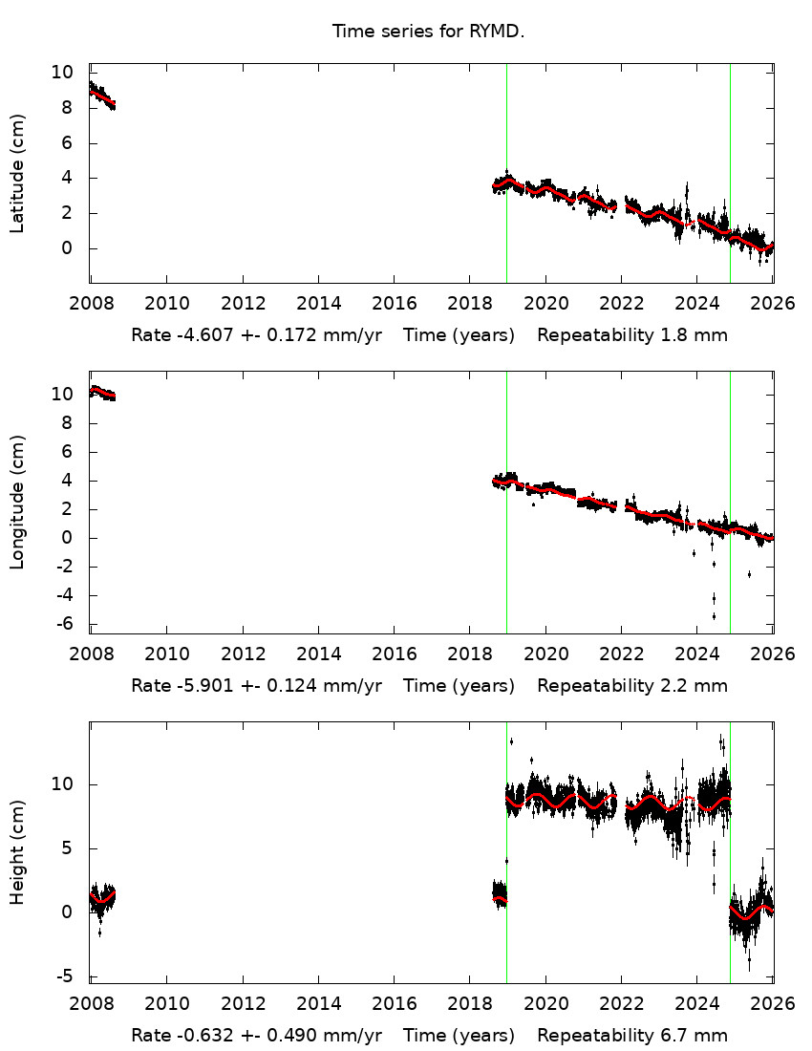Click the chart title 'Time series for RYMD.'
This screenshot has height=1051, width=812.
[428, 32]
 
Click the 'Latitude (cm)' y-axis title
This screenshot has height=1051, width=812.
[17, 173]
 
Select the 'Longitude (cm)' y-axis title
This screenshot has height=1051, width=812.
[17, 502]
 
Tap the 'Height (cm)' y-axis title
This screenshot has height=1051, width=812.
[17, 852]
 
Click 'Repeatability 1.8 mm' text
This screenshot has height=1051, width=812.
[631, 335]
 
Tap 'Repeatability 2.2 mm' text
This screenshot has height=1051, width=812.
[631, 685]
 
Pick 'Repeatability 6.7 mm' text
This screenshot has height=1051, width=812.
[631, 1035]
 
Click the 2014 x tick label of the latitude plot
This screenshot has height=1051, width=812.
[318, 304]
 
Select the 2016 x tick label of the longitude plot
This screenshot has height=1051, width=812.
[394, 654]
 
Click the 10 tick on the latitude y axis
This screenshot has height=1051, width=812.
[62, 72]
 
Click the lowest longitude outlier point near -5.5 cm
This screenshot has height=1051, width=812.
[714, 615]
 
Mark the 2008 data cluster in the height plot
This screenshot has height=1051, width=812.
[101, 899]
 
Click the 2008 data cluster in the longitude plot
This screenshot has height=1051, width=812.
[101, 393]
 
